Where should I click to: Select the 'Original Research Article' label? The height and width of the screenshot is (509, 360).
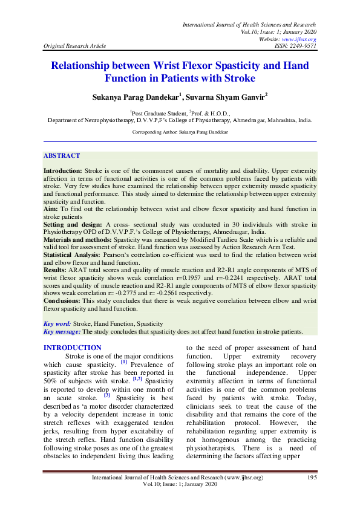coord(75,45)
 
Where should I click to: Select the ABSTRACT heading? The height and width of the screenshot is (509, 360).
coord(62,155)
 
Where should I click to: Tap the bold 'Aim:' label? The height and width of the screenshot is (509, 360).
coord(51,209)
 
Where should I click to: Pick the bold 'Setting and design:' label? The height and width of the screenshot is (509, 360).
coord(68,224)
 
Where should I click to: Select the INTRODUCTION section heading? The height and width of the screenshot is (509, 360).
coord(73,348)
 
